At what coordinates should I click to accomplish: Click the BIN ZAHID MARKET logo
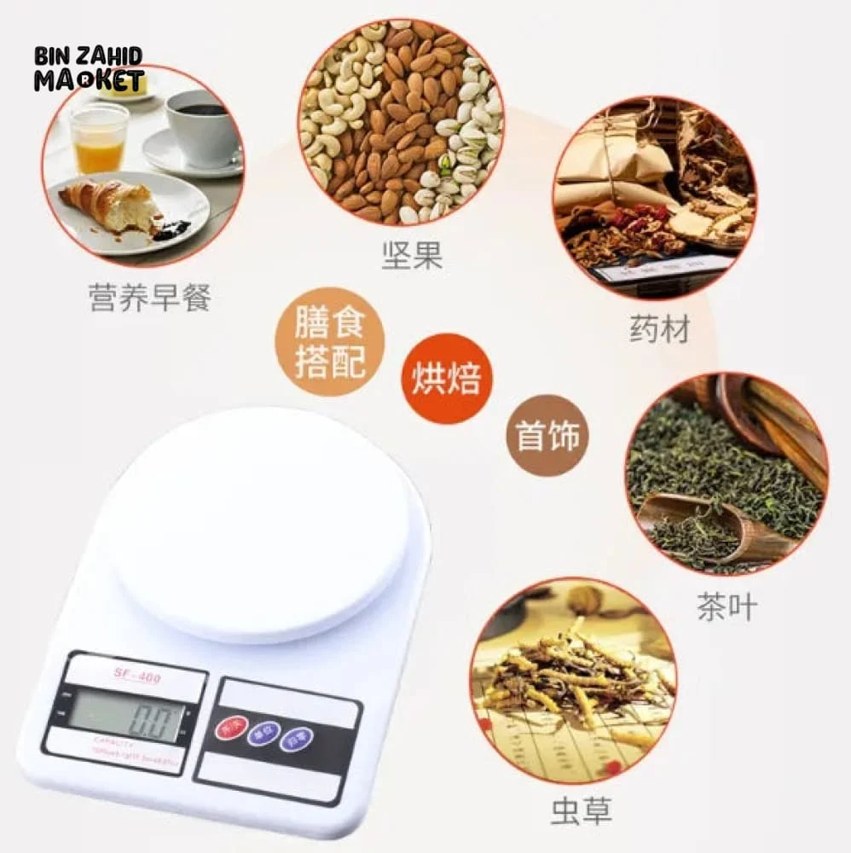point(88,68)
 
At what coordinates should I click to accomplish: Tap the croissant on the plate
point(112,205)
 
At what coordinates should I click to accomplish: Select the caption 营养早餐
point(149,298)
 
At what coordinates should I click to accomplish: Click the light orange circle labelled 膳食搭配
point(330,342)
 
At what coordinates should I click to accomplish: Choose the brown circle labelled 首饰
point(547,436)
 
